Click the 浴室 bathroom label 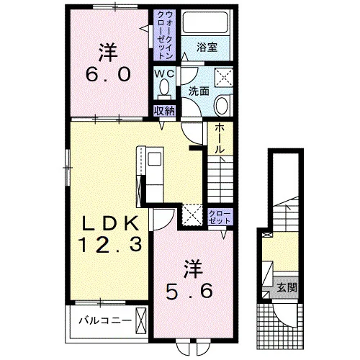coord(207,48)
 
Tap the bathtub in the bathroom coord(204,23)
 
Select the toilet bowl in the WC coord(164,87)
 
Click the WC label coord(164,74)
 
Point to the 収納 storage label coord(164,111)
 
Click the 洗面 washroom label coord(199,91)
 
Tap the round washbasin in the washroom coord(222,106)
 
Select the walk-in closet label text coord(164,35)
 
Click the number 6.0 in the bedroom coord(108,74)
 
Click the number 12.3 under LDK coord(110,245)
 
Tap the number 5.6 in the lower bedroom coord(189,291)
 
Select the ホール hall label coord(220,139)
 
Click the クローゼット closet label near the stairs coord(220,217)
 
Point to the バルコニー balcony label coord(105,320)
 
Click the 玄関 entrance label coord(287,287)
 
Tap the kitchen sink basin coord(155,159)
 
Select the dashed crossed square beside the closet coord(192,215)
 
